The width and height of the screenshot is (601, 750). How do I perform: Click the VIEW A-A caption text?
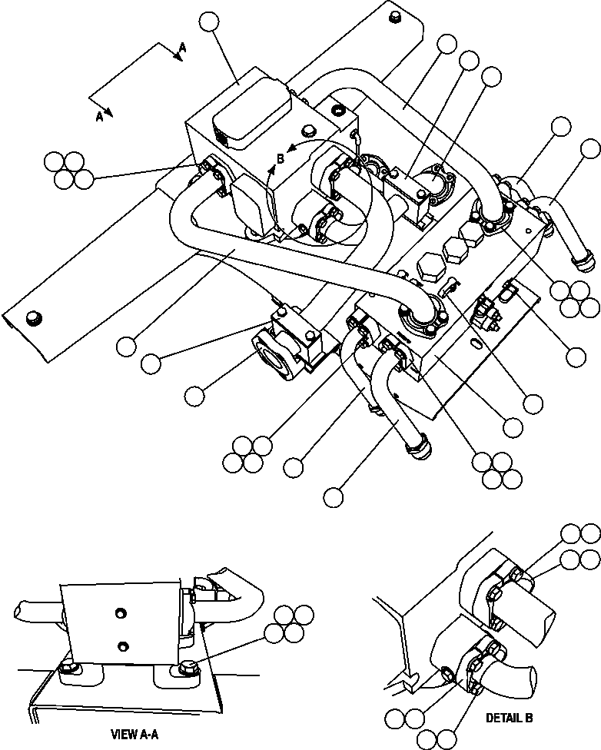point(134,734)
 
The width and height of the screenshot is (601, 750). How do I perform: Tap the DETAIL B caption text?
point(509,718)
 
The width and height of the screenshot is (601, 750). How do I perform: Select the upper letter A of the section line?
point(182,48)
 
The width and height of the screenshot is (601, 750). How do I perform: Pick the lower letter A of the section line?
point(99,116)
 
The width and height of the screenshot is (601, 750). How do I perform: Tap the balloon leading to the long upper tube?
point(447,45)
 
